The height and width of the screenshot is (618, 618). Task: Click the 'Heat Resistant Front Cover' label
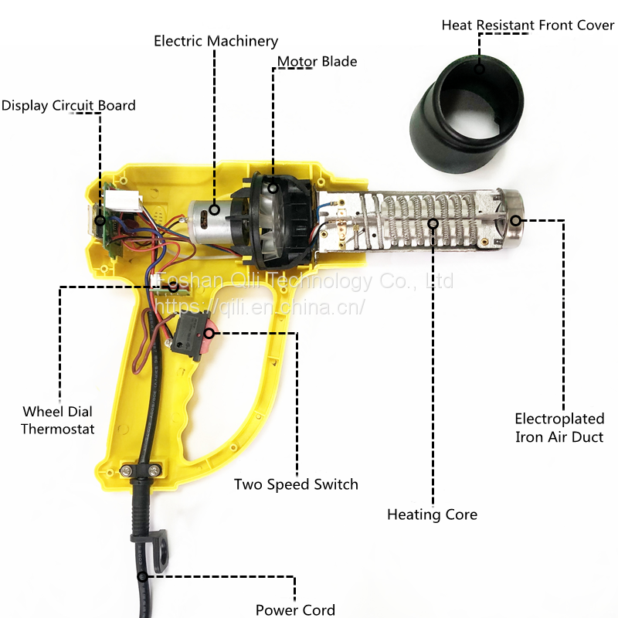[528, 25]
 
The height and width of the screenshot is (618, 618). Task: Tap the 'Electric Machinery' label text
[216, 41]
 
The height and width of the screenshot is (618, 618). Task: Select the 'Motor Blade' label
[317, 61]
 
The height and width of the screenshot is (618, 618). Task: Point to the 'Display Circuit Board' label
[68, 106]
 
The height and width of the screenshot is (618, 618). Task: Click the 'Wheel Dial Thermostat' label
[58, 419]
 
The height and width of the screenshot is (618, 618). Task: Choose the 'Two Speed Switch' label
[296, 484]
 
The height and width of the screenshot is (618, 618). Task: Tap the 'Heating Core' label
[432, 514]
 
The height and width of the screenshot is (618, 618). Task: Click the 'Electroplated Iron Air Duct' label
[559, 428]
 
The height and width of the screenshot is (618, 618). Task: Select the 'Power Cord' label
[295, 610]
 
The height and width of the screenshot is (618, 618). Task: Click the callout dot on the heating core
[433, 224]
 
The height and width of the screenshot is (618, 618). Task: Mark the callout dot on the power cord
[142, 576]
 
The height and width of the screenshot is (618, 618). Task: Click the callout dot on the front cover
[479, 69]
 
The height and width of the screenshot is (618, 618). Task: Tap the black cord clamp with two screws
[142, 469]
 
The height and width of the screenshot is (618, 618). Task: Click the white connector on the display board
[124, 199]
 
